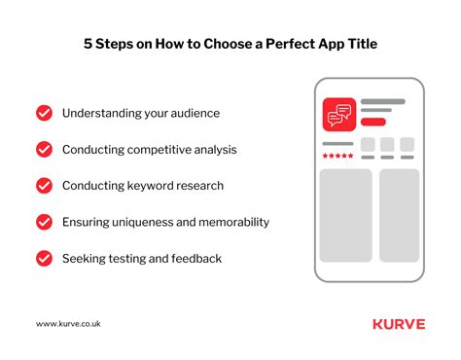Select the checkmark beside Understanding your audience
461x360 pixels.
(x=44, y=113)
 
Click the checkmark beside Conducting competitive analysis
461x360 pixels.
(x=44, y=149)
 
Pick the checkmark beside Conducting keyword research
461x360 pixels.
(x=44, y=185)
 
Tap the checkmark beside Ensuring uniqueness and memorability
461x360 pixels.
(x=44, y=222)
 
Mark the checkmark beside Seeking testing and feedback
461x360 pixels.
(x=44, y=258)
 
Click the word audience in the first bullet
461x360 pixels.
(x=192, y=113)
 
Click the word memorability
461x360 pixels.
(x=229, y=222)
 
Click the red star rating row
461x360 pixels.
(x=338, y=156)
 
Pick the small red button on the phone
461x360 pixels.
(x=373, y=123)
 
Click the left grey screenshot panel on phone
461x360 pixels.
(x=346, y=214)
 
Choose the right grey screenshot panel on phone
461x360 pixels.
(x=399, y=214)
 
